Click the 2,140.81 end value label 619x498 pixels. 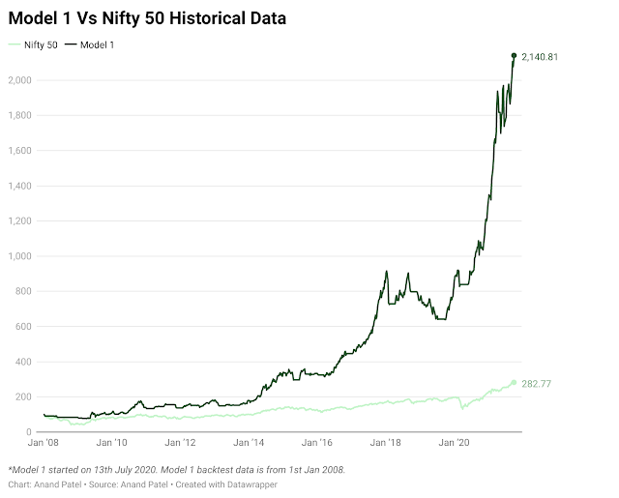click(540, 57)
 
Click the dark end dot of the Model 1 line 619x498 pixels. click(513, 55)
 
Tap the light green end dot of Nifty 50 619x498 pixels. click(514, 383)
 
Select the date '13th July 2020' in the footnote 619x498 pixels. click(121, 470)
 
